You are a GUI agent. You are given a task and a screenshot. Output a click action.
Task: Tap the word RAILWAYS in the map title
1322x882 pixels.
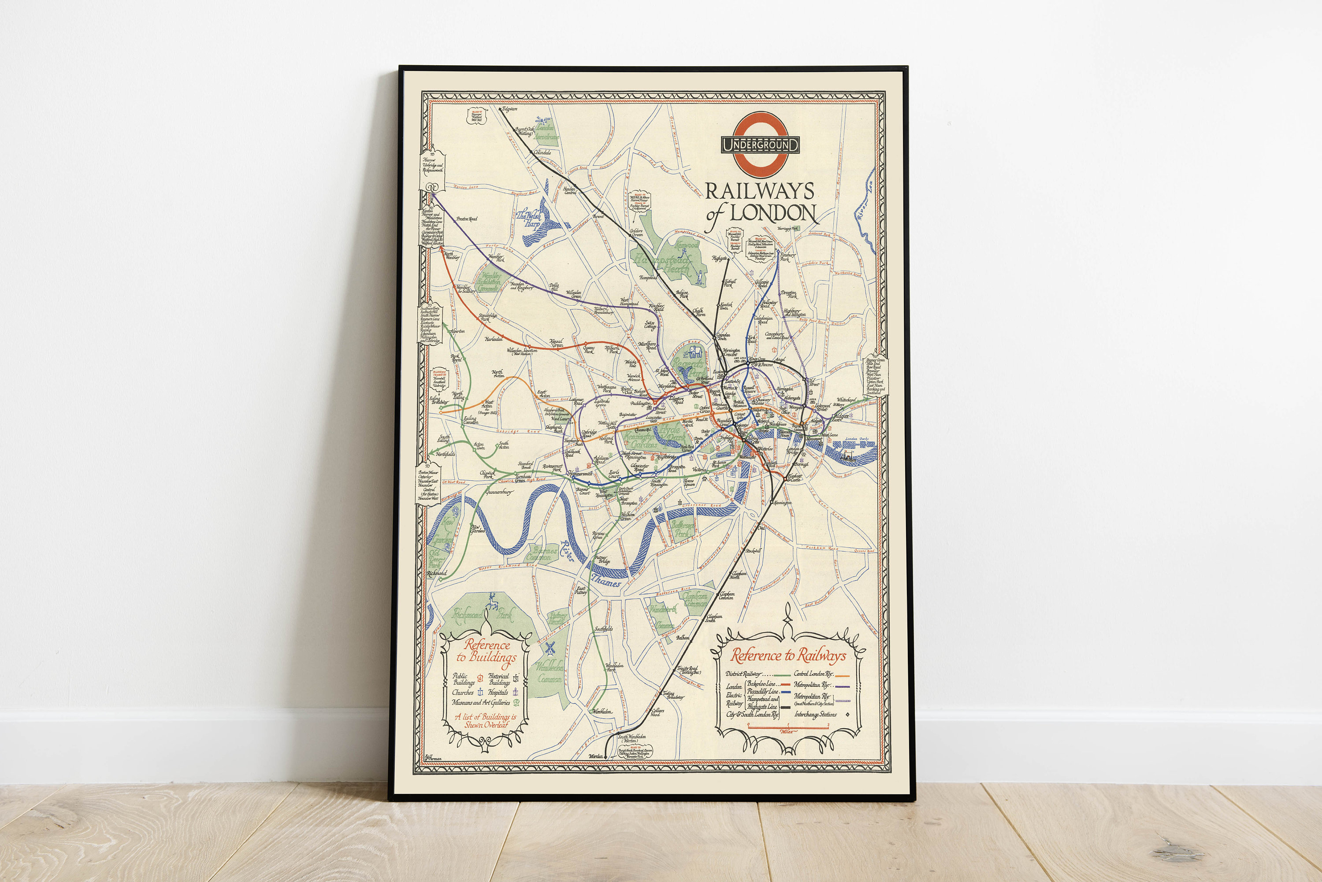click(x=759, y=192)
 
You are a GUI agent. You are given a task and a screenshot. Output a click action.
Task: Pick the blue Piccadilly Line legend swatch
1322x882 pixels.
click(x=786, y=691)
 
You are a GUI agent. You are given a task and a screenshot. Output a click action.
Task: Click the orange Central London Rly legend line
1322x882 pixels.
click(x=842, y=674)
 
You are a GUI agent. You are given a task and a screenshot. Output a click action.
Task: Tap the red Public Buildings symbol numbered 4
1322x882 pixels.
click(x=480, y=678)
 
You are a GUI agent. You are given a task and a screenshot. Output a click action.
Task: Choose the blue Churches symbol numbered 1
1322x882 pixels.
click(x=481, y=693)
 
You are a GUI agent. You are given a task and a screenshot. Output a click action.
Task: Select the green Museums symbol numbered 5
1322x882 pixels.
click(x=516, y=703)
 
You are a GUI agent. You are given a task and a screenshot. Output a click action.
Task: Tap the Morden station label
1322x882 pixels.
click(x=595, y=756)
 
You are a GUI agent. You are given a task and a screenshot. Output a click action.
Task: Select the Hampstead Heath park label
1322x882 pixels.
click(x=662, y=264)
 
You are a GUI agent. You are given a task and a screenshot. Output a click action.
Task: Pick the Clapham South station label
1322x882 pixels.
click(x=714, y=619)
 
